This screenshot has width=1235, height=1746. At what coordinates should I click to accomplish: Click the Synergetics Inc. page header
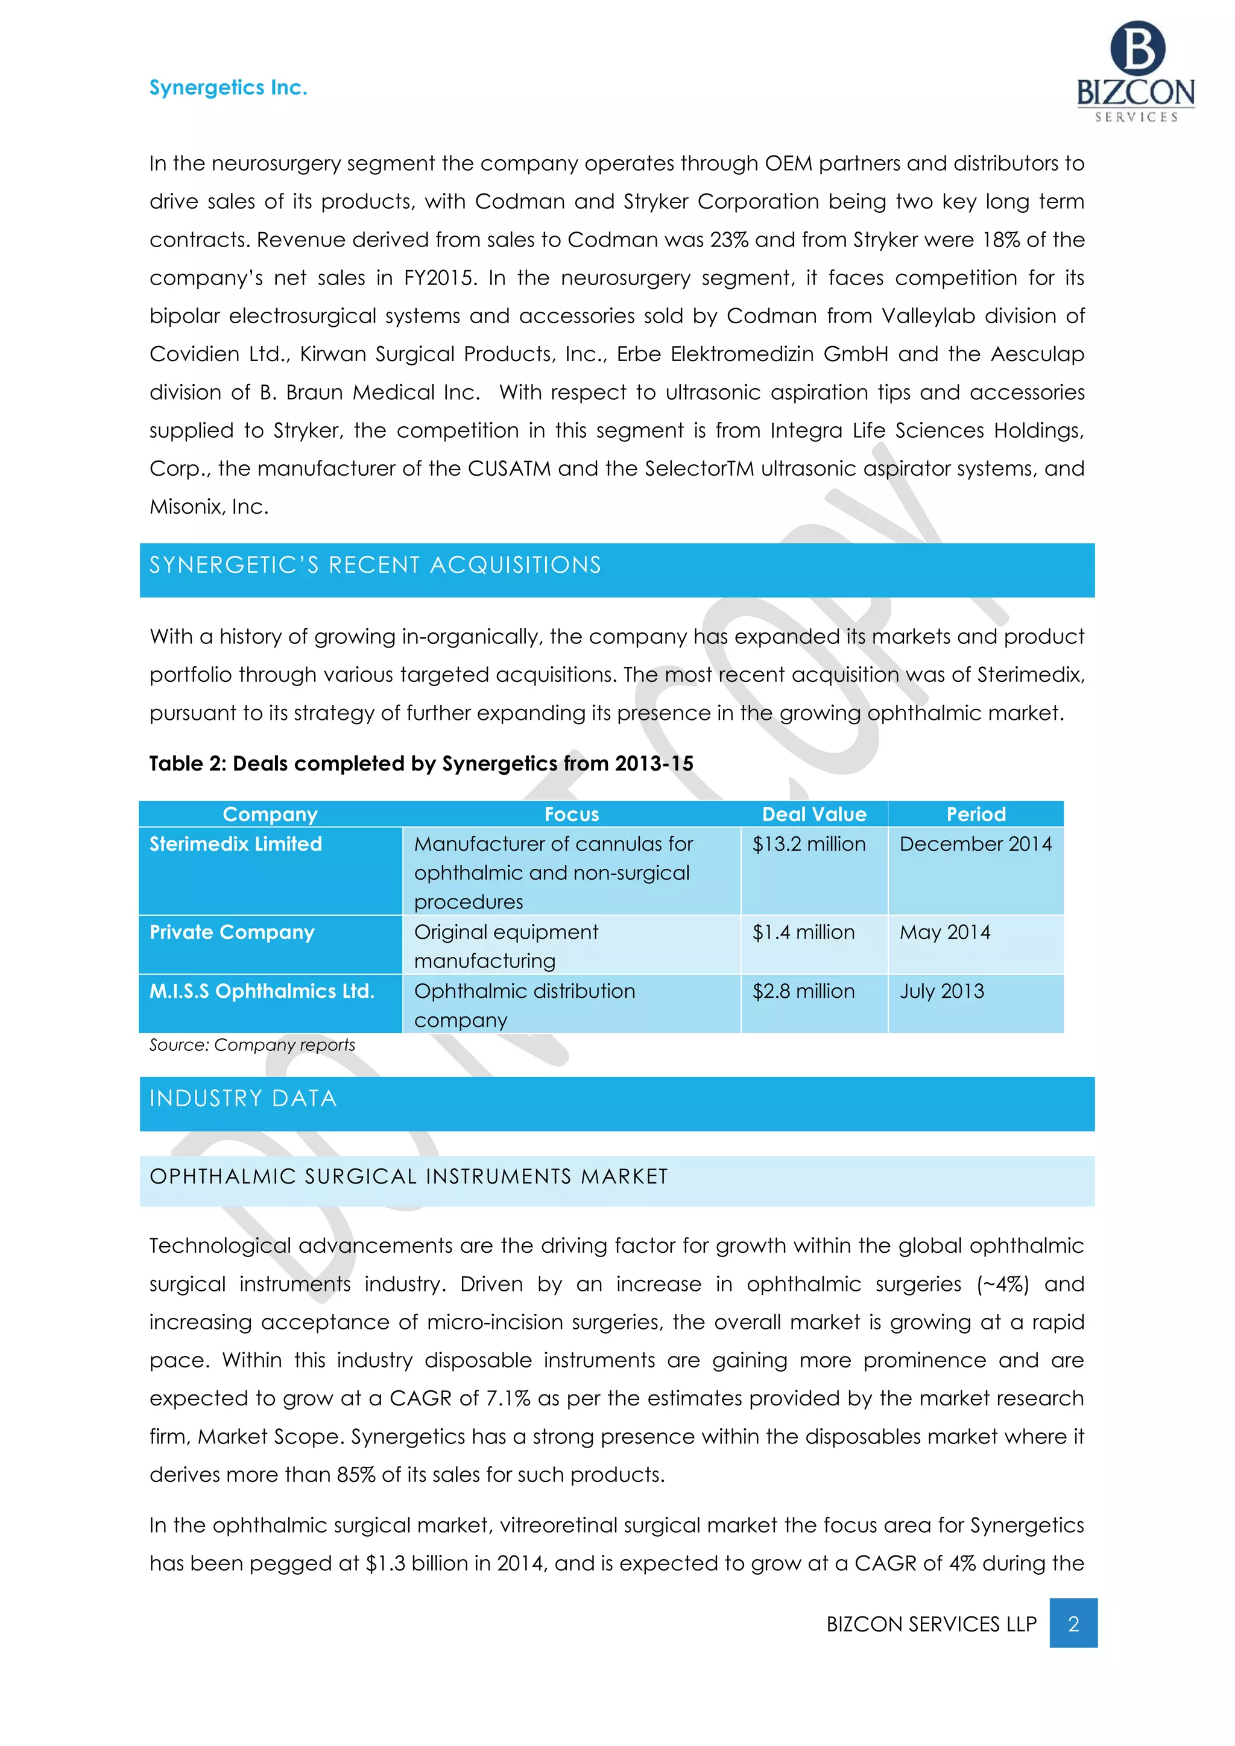(x=228, y=88)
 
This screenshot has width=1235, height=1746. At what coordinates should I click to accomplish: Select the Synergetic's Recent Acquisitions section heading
(x=375, y=565)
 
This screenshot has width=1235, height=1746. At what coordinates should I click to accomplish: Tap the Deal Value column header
(x=813, y=815)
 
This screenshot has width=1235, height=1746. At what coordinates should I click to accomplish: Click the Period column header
(x=976, y=815)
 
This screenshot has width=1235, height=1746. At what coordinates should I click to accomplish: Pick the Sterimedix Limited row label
(x=236, y=844)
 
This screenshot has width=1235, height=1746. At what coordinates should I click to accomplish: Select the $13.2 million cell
(x=809, y=844)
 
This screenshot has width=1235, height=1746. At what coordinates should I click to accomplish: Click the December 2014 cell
(x=976, y=844)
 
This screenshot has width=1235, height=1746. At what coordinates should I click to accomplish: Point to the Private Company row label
(x=232, y=932)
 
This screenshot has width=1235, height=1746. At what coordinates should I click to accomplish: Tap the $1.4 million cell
(x=804, y=932)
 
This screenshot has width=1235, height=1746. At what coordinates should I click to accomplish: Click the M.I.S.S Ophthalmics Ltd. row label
(x=262, y=992)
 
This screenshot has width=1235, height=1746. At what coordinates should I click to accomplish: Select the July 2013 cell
(x=942, y=992)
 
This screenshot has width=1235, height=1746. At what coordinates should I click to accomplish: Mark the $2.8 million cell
(x=804, y=992)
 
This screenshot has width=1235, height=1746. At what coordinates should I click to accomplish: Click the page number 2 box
(x=1073, y=1624)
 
